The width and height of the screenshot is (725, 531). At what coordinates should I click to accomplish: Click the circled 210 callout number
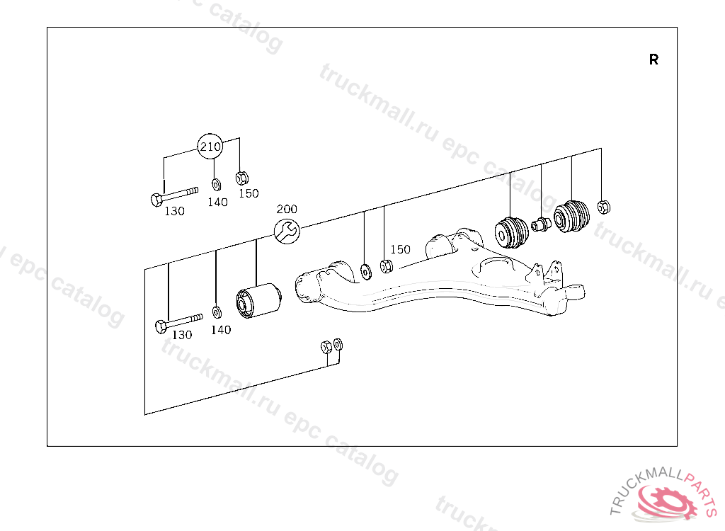click(x=210, y=147)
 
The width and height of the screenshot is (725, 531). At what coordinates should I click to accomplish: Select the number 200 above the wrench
click(x=287, y=210)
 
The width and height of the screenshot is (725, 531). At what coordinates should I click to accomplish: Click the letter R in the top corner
click(x=653, y=60)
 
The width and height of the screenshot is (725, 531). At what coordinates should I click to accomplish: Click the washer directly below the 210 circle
click(x=215, y=185)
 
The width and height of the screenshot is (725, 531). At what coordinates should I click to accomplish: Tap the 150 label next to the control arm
click(x=400, y=249)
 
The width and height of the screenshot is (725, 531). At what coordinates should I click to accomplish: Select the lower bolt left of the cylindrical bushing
click(x=178, y=323)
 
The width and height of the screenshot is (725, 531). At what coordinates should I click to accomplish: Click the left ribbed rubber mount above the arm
click(x=510, y=232)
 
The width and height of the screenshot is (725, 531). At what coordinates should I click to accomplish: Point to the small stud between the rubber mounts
click(x=541, y=225)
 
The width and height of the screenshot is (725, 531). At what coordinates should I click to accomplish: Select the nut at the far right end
click(x=603, y=207)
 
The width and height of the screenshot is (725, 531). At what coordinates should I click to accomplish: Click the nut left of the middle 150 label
click(x=386, y=267)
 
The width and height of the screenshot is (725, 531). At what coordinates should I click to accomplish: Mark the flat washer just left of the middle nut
click(x=365, y=270)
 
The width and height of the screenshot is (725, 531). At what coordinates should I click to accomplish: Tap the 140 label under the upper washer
click(x=218, y=202)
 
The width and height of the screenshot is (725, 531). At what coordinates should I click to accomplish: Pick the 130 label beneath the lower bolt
click(x=183, y=336)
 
